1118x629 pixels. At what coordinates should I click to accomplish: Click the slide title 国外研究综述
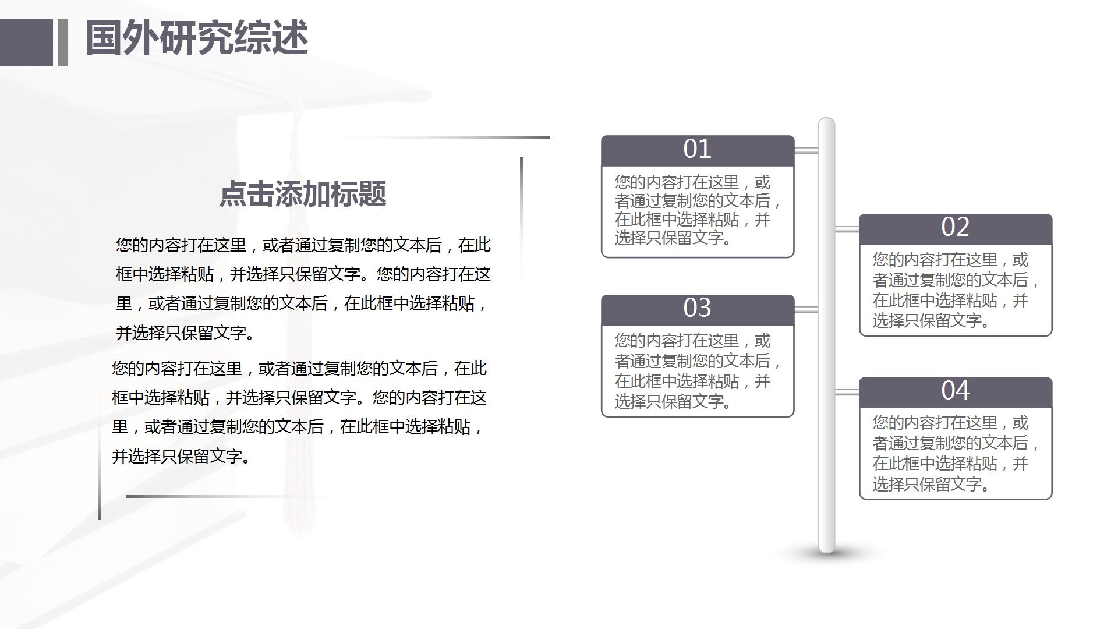pyautogui.click(x=197, y=38)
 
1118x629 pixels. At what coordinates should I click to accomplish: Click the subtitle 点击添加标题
pyautogui.click(x=303, y=194)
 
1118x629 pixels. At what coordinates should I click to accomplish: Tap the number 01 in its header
pyautogui.click(x=697, y=150)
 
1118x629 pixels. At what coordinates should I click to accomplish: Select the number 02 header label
pyautogui.click(x=955, y=228)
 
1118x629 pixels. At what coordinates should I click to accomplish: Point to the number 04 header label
pyautogui.click(x=955, y=391)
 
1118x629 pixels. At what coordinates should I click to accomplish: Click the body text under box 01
pyautogui.click(x=697, y=210)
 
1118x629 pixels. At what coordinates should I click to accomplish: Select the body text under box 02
pyautogui.click(x=955, y=290)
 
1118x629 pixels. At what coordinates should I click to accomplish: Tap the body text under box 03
pyautogui.click(x=697, y=371)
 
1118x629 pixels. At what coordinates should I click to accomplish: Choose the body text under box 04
pyautogui.click(x=955, y=453)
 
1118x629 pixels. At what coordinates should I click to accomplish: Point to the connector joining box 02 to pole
pyautogui.click(x=847, y=229)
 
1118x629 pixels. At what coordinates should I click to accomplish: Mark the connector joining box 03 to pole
pyautogui.click(x=806, y=309)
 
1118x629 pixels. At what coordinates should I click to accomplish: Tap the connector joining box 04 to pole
pyautogui.click(x=847, y=392)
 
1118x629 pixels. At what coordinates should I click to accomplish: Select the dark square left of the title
pyautogui.click(x=26, y=43)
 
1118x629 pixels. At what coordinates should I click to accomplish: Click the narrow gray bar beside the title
pyautogui.click(x=63, y=43)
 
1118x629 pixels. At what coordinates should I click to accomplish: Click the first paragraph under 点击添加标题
pyautogui.click(x=303, y=289)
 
